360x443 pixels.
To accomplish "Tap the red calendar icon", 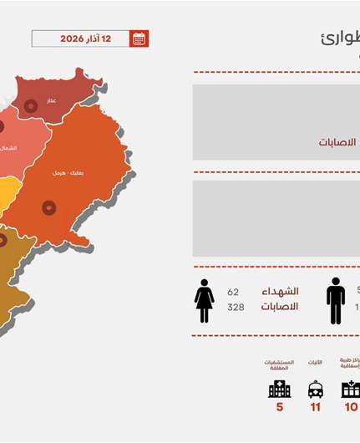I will (139, 38).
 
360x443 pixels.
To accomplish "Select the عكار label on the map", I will (52, 100).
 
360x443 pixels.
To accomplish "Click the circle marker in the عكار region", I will (31, 105).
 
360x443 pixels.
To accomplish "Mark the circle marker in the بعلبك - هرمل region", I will (49, 206).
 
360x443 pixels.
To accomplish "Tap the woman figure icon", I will (205, 300).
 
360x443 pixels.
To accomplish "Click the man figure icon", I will (336, 300).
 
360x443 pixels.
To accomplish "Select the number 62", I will (233, 293).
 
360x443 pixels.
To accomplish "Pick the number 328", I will (236, 307).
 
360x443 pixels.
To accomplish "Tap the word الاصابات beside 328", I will (280, 307).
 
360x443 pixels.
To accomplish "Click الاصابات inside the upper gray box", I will (337, 142).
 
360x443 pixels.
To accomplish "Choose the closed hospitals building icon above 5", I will (279, 389).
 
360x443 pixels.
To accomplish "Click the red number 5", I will (280, 407).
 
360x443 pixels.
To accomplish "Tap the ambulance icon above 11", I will (316, 390).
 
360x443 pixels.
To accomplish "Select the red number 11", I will (315, 407).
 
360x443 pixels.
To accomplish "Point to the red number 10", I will (351, 407).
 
